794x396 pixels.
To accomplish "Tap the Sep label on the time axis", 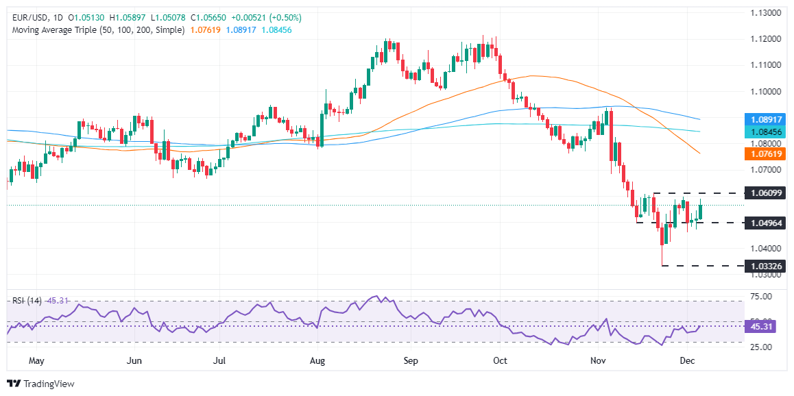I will click(411, 360).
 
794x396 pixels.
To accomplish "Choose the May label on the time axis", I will click(36, 360).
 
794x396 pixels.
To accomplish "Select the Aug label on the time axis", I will click(317, 360).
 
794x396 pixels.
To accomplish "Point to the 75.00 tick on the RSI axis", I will click(761, 296).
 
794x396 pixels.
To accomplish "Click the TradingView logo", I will click(40, 384).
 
